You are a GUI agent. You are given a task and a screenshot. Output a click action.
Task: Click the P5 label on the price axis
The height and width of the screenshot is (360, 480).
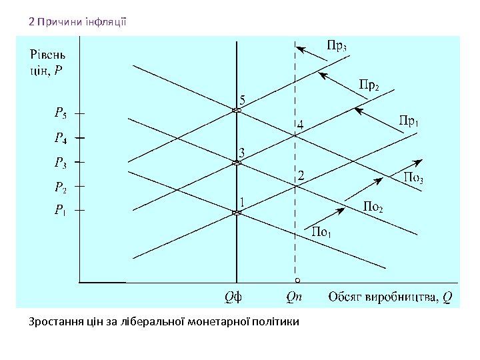[60, 114]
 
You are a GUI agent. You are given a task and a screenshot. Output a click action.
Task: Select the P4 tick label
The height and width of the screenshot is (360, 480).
[60, 139]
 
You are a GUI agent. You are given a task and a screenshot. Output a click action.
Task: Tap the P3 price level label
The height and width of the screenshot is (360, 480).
[60, 162]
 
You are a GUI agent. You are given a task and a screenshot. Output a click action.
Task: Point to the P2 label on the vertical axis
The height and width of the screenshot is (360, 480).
[60, 187]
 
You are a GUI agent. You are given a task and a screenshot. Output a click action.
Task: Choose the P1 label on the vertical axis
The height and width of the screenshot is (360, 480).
[60, 211]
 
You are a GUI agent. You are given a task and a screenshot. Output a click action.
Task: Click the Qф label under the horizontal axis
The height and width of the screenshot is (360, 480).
[233, 297]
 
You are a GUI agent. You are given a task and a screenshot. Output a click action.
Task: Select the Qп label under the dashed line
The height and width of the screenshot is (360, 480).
[294, 297]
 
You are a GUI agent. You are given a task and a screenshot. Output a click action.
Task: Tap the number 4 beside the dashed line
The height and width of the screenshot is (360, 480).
[301, 125]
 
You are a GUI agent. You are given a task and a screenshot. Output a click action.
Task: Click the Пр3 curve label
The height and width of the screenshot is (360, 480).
[337, 47]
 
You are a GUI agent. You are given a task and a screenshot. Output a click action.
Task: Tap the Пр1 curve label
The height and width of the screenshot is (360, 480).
[409, 121]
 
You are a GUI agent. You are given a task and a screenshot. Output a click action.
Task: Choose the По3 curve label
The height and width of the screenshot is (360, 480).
[415, 178]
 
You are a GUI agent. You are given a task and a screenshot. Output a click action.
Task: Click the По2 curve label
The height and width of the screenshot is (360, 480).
[373, 207]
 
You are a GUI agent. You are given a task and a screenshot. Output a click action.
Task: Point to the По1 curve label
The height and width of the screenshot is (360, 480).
[322, 233]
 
